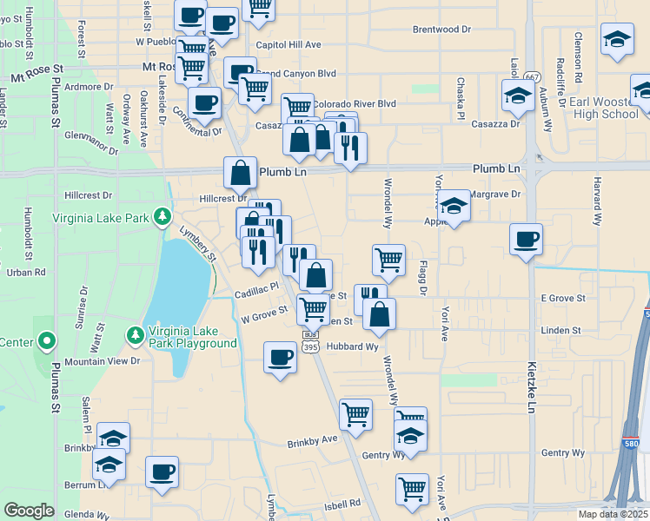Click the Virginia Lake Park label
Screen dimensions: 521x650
(101, 218)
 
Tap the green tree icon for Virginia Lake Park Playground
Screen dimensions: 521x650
(135, 333)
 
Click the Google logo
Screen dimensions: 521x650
(29, 511)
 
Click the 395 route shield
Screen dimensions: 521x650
(309, 346)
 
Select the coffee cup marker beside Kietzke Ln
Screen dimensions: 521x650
(526, 239)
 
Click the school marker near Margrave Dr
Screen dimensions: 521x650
(454, 207)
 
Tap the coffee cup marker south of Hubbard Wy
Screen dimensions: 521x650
(280, 357)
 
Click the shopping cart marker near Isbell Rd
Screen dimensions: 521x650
(411, 488)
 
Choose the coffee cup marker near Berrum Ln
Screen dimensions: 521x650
(162, 472)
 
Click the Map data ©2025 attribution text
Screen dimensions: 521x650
(612, 514)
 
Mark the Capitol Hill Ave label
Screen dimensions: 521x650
(288, 44)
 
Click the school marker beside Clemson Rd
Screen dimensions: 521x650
(617, 39)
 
